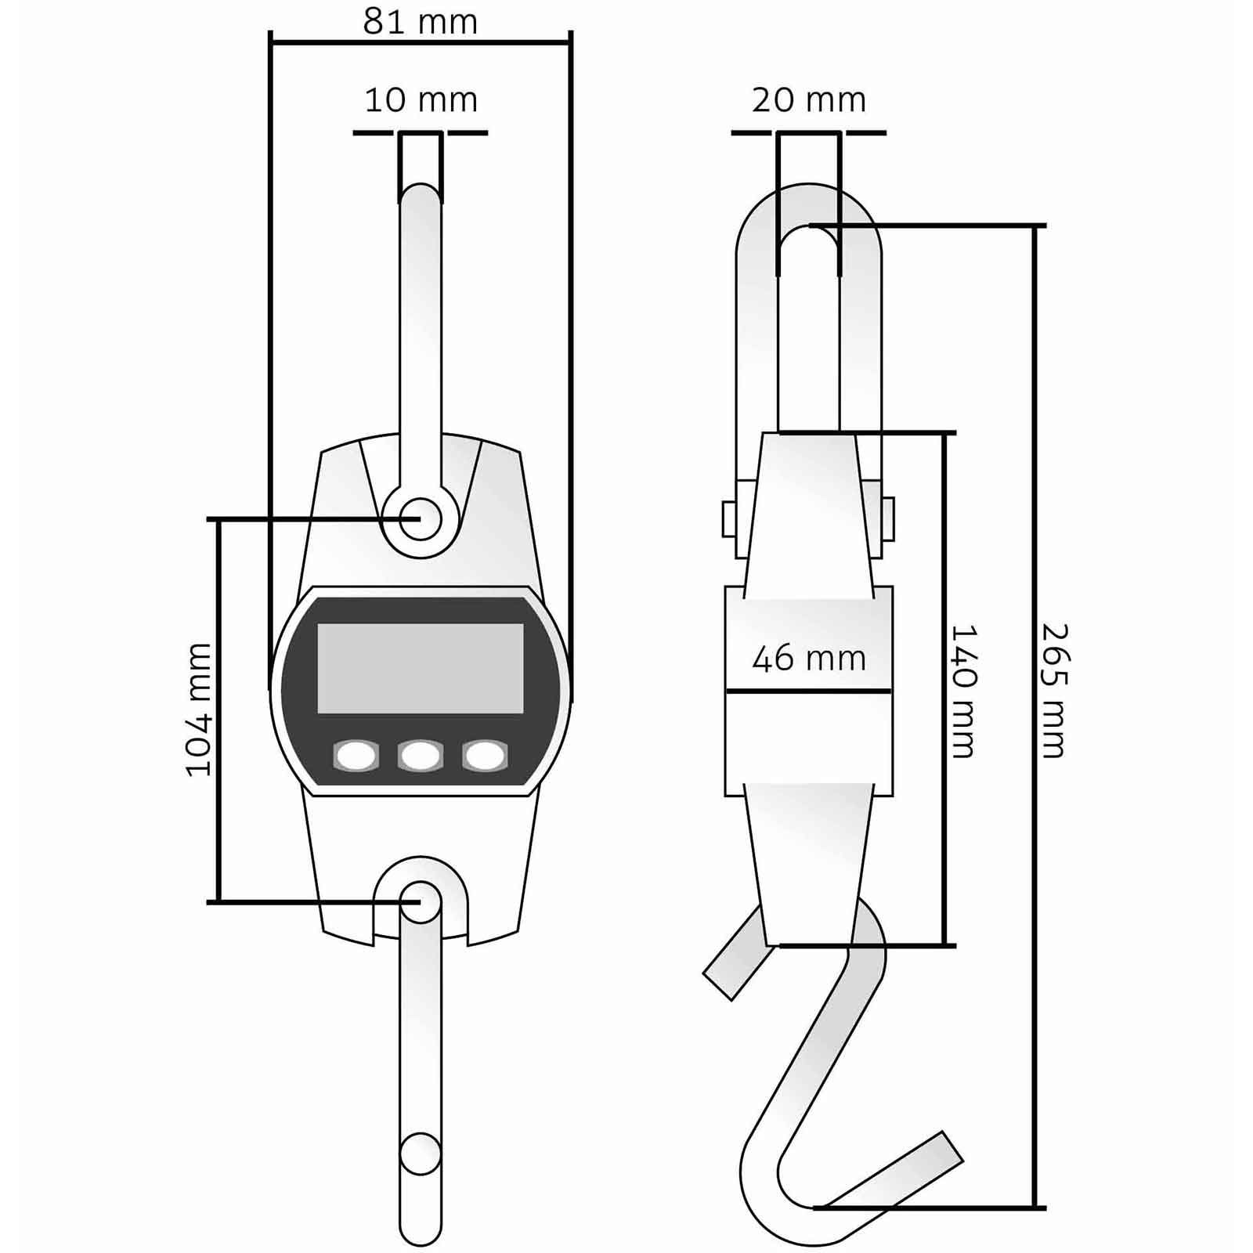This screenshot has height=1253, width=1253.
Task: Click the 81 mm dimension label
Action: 420,22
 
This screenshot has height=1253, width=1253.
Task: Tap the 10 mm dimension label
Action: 421,100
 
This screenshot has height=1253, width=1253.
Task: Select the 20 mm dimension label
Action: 808,100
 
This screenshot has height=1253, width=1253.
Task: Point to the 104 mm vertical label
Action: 199,710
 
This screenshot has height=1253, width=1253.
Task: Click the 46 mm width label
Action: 808,659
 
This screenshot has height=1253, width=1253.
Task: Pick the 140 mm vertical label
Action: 962,691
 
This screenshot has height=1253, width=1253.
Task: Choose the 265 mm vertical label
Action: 1054,691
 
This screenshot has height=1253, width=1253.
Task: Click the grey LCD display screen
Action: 420,668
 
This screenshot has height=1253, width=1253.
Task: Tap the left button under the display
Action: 356,756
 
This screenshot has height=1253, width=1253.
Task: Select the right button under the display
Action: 484,756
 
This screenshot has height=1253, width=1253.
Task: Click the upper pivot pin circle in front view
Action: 420,518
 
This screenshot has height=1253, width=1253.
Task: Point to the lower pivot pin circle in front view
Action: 420,901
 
